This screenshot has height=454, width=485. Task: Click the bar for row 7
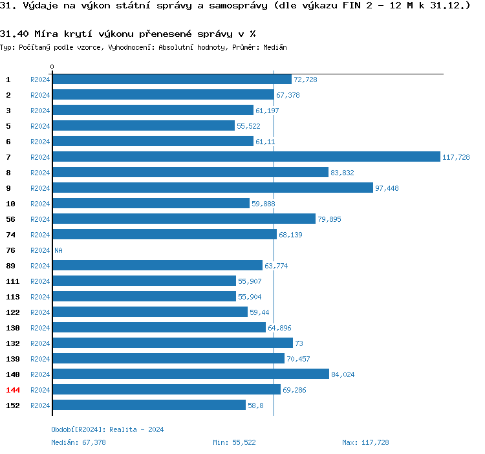point(246,157)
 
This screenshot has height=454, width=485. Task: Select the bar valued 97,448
point(213,188)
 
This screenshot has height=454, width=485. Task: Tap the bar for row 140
point(191,374)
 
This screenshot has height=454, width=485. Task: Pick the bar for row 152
point(149,405)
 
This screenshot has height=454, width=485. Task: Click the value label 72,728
point(305,80)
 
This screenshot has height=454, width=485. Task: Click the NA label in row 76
point(58,250)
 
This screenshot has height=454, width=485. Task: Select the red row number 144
point(13,390)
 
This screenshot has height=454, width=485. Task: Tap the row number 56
point(10,219)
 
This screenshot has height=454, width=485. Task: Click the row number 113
point(13,297)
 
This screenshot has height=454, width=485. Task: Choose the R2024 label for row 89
point(40,266)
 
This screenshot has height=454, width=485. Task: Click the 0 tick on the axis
point(52,67)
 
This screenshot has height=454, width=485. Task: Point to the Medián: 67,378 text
point(78,442)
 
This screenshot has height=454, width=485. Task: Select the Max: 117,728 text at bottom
point(365,442)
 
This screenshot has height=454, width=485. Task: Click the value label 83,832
point(342,173)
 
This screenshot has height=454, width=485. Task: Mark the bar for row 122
point(150,312)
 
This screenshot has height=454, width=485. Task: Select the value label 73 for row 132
point(299,343)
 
